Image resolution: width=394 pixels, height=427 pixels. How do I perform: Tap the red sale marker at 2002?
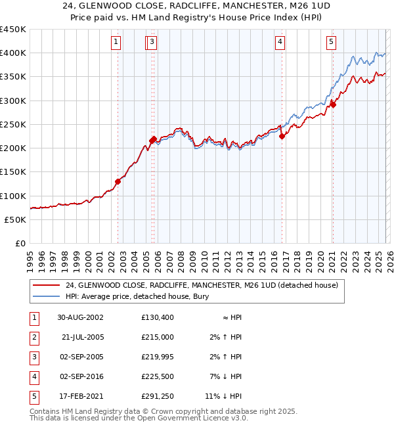[118, 181]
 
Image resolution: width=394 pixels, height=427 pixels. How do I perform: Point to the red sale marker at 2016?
[282, 136]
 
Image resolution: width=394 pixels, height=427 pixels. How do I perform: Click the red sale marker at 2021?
[333, 104]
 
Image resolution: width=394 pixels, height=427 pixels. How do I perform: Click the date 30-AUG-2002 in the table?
[80, 317]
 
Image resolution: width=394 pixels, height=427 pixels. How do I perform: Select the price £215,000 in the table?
[158, 337]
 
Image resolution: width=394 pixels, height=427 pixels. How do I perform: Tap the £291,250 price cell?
[158, 396]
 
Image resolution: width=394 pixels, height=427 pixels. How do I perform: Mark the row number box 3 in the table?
[33, 357]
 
